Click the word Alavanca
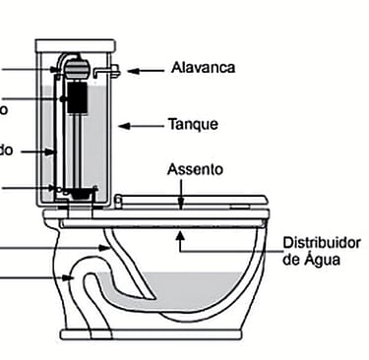point(204,68)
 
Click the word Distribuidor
point(322,242)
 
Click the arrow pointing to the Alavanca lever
point(146,70)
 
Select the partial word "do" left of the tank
point(7,150)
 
